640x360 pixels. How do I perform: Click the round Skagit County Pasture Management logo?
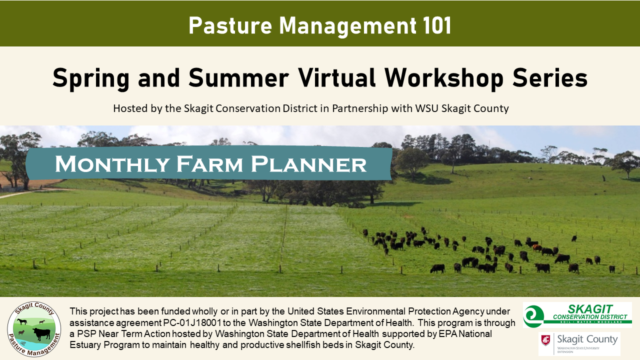34,328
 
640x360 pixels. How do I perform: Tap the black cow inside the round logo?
41,332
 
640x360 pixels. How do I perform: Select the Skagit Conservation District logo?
577,314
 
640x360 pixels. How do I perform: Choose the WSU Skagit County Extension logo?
579,343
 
